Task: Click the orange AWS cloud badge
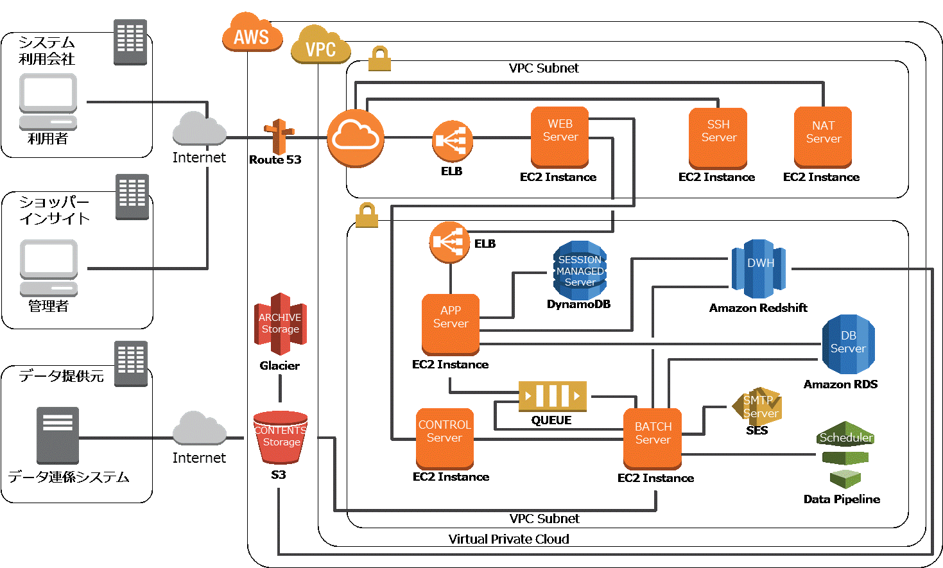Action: [252, 33]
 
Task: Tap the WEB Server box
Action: [560, 137]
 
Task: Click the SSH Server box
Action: [718, 137]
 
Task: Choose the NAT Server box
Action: [823, 137]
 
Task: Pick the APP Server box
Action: [451, 323]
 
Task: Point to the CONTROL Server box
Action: [445, 438]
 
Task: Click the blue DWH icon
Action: [759, 269]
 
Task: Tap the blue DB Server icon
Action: [848, 345]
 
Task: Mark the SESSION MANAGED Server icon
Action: [580, 271]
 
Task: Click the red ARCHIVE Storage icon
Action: [281, 323]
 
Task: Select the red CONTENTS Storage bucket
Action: [281, 437]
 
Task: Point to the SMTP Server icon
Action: [759, 406]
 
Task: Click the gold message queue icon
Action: [553, 396]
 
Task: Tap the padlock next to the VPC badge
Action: [379, 59]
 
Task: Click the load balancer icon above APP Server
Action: [449, 242]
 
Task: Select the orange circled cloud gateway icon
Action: [356, 138]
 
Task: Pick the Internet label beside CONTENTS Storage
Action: [199, 458]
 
